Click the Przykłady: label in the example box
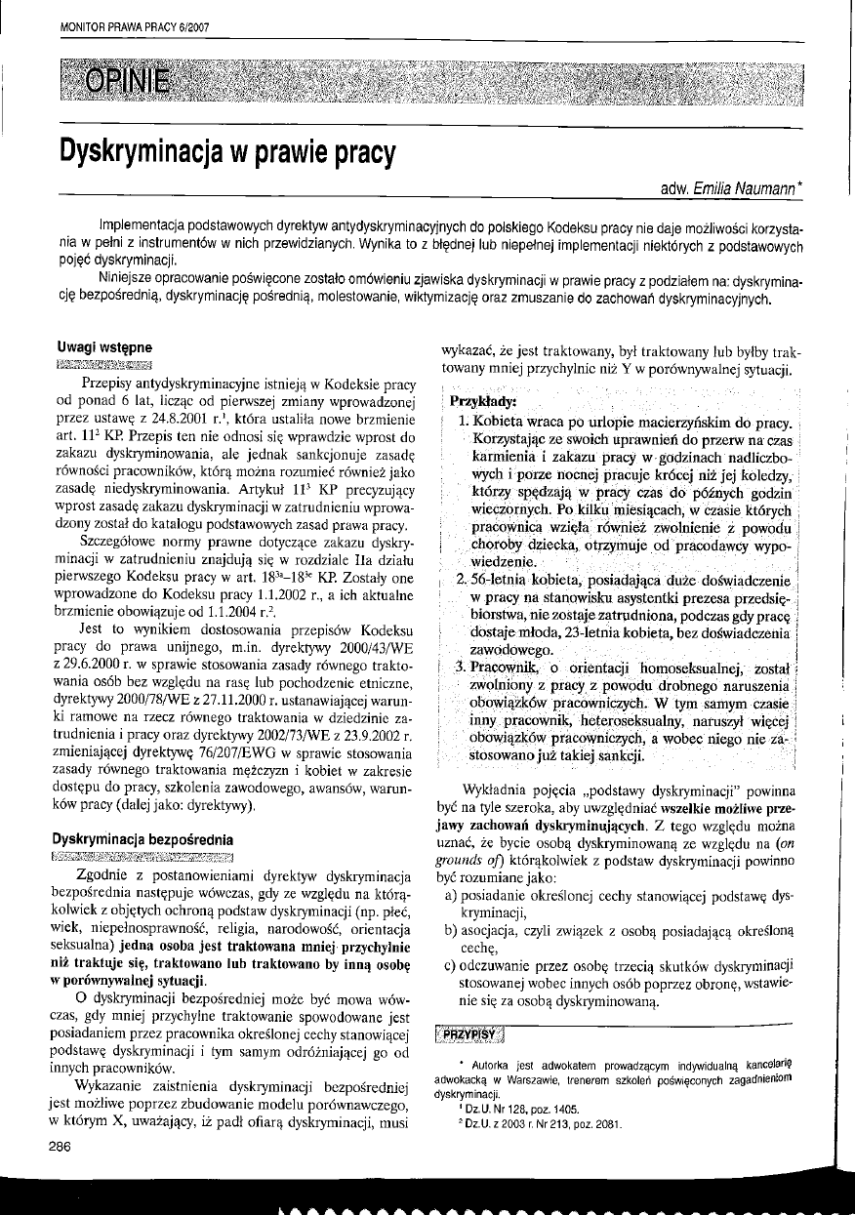coord(482,402)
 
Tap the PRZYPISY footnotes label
coord(471,1033)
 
